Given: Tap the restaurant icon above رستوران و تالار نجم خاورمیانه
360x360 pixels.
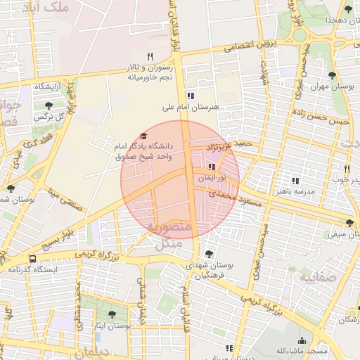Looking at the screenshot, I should [149, 56].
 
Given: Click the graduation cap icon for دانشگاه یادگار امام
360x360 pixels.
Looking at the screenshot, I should [144, 136].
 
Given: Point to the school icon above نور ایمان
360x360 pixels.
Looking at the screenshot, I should [212, 167].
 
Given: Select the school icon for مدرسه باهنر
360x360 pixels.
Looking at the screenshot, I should [295, 181].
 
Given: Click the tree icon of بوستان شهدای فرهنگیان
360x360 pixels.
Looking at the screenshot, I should [208, 254].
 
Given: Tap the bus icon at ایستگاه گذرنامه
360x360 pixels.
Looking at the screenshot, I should [32, 259].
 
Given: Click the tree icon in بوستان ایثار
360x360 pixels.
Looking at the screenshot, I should [112, 314].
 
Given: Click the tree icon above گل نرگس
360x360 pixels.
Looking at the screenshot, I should [49, 105].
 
